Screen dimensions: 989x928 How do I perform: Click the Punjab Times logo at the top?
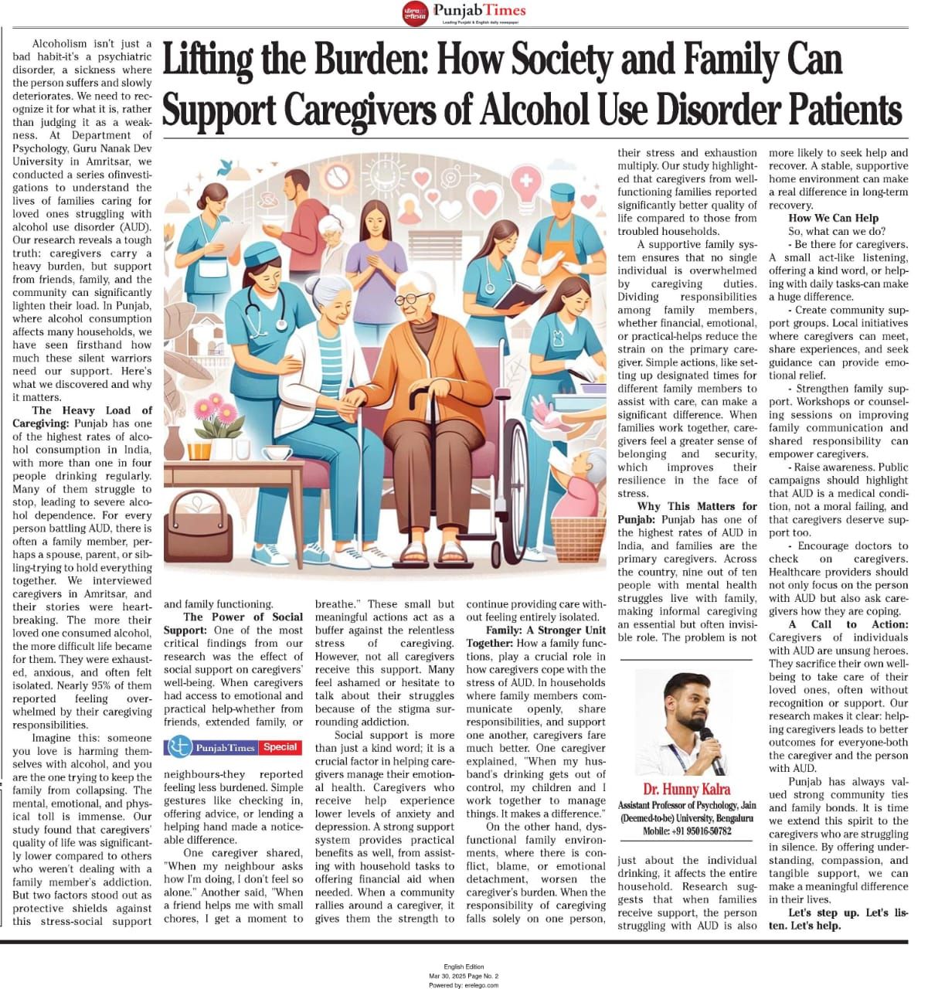point(464,12)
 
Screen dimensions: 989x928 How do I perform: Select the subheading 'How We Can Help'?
point(833,218)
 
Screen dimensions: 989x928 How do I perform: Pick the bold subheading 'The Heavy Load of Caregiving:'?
point(82,416)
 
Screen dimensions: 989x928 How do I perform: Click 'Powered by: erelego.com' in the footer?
point(464,984)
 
